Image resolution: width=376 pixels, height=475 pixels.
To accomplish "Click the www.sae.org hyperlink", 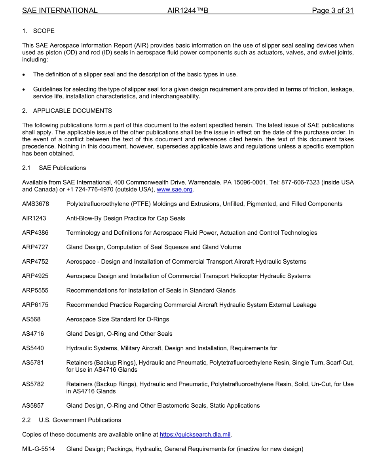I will click(175, 190).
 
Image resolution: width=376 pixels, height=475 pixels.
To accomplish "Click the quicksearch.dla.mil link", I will click(195, 435).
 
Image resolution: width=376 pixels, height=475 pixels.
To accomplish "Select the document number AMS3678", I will click(36, 204).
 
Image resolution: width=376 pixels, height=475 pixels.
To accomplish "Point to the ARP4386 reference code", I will click(35, 233).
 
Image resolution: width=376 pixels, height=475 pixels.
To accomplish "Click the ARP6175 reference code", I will click(35, 305).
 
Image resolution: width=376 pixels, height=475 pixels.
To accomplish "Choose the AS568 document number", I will click(31, 319).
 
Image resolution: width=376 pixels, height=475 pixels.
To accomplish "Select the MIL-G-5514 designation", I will click(38, 449).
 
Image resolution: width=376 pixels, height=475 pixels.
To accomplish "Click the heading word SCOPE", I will click(44, 31).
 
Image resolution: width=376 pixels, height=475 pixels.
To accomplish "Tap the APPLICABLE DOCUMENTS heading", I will click(72, 111).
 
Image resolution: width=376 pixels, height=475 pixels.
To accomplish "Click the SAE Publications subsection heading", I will click(62, 168).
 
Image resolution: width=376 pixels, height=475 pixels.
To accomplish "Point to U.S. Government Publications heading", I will click(80, 420).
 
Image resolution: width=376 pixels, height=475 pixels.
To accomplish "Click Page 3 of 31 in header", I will click(332, 11).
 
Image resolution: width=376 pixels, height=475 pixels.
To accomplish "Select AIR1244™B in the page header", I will click(188, 11).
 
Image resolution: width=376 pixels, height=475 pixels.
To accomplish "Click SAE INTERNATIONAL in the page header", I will click(60, 11).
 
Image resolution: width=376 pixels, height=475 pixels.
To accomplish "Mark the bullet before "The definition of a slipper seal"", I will click(25, 75).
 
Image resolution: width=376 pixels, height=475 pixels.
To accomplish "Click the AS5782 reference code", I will click(33, 384).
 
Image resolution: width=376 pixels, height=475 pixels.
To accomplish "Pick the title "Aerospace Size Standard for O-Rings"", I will click(118, 319).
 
